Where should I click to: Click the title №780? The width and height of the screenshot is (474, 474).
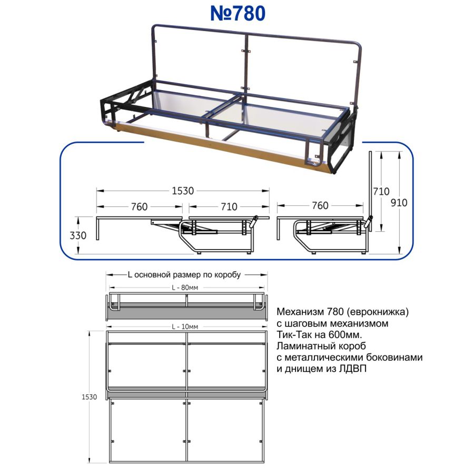click(238, 14)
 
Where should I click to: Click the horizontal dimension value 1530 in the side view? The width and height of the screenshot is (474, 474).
click(183, 191)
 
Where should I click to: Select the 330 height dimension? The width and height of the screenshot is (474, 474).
click(78, 235)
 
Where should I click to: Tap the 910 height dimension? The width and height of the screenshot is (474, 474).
click(399, 203)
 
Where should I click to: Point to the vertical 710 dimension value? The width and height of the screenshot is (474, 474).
click(381, 191)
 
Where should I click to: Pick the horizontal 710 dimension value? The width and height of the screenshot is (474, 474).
click(229, 207)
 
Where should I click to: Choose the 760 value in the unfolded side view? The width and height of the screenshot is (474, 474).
click(140, 207)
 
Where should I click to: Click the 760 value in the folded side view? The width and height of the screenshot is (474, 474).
click(320, 205)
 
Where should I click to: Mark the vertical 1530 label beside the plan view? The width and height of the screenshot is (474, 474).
click(89, 397)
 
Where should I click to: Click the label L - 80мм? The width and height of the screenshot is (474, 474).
click(185, 288)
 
